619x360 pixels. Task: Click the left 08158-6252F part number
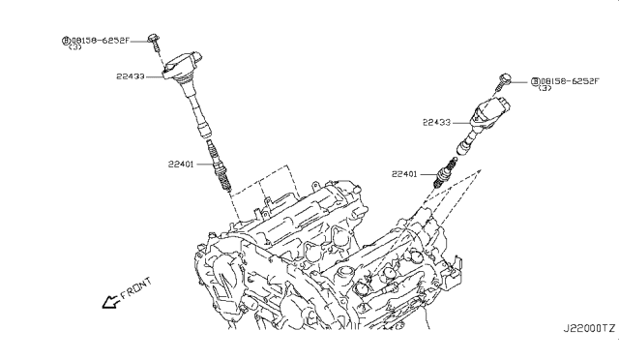101,41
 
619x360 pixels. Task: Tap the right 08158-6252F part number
570,81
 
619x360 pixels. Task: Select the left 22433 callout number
131,76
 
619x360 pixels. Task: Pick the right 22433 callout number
436,123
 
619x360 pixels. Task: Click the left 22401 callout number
181,164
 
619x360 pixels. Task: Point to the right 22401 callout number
404,174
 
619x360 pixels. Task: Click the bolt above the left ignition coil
155,43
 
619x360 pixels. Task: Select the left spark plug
219,166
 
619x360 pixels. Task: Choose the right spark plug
445,172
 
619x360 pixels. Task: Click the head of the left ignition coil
183,66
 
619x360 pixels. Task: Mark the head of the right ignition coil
490,111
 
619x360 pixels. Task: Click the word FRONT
135,288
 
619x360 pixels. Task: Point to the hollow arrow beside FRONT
110,302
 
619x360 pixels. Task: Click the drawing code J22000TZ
589,328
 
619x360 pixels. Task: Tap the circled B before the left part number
66,41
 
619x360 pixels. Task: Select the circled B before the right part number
535,81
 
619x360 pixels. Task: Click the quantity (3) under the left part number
75,47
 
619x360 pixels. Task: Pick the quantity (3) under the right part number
545,88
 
